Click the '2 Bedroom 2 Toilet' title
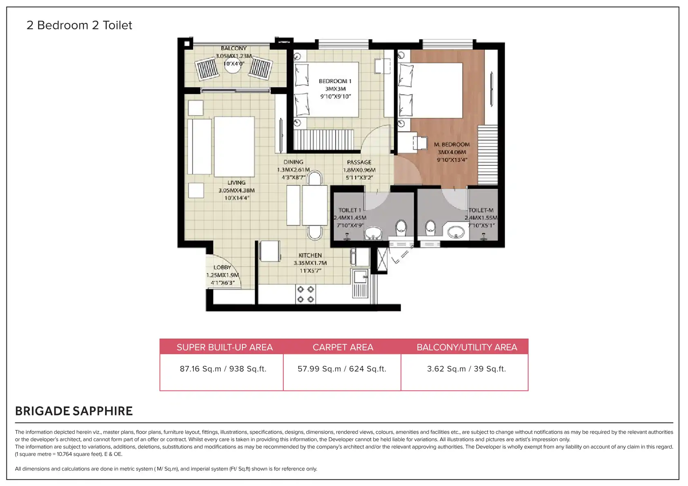pos(79,25)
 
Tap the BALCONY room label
pos(234,49)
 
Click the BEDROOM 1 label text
pos(335,81)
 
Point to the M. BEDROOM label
pos(452,145)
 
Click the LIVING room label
pos(237,183)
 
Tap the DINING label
pos(294,162)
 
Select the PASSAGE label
pos(359,162)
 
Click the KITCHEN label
pos(310,255)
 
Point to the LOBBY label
pos(222,267)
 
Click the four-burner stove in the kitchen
pos(306,294)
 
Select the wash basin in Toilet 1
pos(373,234)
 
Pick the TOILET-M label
pos(481,210)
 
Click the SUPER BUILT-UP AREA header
pos(224,347)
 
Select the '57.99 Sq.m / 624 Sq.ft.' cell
pos(342,369)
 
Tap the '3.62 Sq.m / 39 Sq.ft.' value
pos(466,369)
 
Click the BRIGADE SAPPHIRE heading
pos(74,411)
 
